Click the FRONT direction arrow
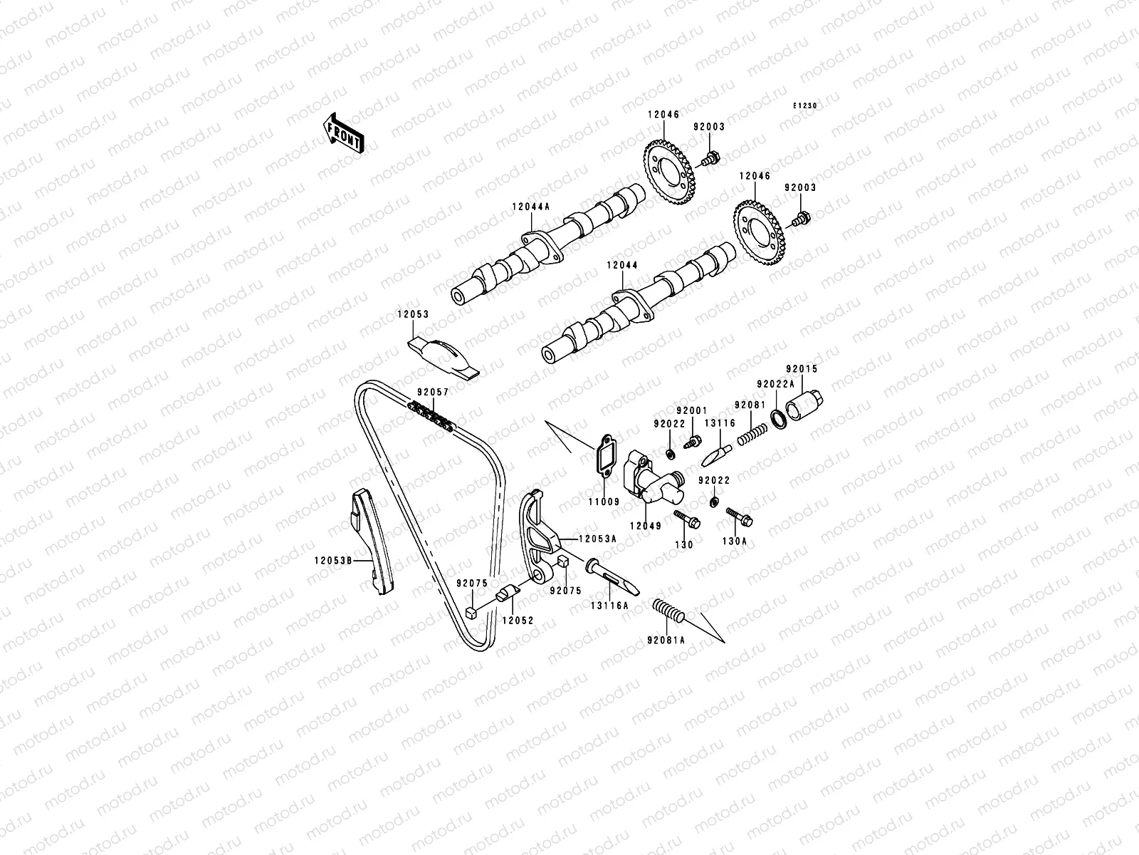pos(343,133)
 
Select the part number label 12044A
pos(530,207)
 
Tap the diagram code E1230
pos(805,106)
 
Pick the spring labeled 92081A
pos(668,611)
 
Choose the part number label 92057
pos(433,393)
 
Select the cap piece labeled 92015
pos(804,405)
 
